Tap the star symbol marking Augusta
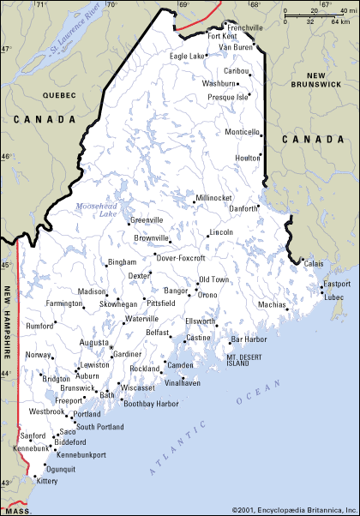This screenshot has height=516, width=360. click(x=111, y=347)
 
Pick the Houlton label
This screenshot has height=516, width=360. click(x=246, y=159)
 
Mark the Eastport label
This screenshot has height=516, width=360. click(x=336, y=284)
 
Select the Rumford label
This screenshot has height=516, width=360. click(x=40, y=325)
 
